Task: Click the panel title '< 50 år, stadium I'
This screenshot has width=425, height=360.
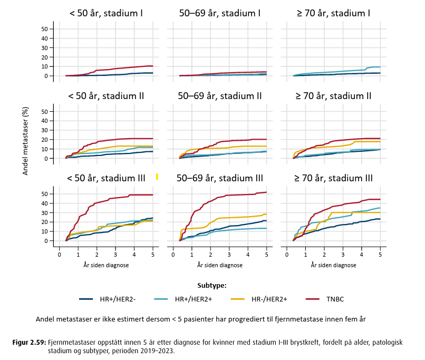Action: [x=106, y=12]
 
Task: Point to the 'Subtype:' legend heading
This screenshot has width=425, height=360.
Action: [x=212, y=286]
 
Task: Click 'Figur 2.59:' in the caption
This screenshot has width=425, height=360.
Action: [x=29, y=342]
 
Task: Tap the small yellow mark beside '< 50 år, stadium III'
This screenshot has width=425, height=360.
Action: [x=157, y=177]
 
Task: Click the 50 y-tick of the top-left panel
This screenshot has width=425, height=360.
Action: [x=44, y=29]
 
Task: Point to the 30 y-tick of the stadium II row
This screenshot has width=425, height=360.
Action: [x=44, y=130]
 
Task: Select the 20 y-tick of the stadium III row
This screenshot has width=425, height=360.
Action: [x=44, y=222]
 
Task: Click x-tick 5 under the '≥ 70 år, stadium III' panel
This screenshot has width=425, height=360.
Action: [x=380, y=255]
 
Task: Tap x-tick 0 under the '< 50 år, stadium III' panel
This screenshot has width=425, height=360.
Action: [x=60, y=255]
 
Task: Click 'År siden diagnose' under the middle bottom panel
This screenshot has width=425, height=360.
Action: [x=220, y=265]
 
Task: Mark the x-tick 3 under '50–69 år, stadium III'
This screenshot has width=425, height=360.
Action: [x=229, y=255]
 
